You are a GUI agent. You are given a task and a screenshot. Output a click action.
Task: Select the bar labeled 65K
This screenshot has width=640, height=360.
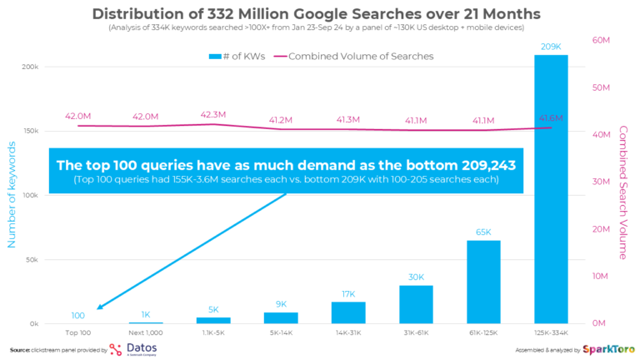click(483, 282)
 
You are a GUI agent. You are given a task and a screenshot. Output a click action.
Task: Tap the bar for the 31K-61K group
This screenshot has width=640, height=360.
click(416, 304)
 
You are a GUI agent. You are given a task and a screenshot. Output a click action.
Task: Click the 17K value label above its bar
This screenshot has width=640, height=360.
click(348, 293)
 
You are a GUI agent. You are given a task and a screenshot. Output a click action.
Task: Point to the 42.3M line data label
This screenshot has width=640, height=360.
click(212, 115)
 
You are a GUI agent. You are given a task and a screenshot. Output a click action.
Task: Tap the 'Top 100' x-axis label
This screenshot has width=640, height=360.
click(77, 333)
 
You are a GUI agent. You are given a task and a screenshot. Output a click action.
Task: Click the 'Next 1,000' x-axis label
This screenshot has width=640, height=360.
click(145, 333)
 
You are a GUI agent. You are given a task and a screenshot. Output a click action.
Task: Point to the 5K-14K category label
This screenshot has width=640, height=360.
click(281, 333)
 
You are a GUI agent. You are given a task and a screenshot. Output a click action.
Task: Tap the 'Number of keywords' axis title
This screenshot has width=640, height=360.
click(12, 194)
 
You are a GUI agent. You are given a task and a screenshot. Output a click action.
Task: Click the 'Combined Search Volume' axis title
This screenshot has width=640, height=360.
click(622, 192)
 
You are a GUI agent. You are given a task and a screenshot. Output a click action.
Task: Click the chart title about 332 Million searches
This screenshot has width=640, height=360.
click(316, 14)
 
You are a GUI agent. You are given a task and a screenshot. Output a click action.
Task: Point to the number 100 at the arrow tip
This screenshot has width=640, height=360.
click(77, 316)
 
